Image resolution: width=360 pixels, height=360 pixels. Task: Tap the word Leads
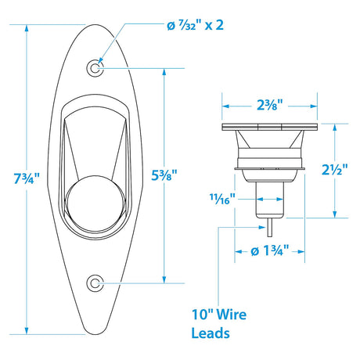pyautogui.click(x=211, y=334)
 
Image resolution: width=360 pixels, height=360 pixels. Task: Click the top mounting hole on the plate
pyautogui.click(x=95, y=69)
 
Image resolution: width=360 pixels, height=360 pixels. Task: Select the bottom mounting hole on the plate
pyautogui.click(x=95, y=282)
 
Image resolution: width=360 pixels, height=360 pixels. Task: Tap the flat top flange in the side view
pyautogui.click(x=271, y=127)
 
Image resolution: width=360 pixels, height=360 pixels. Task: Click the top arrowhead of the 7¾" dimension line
pyautogui.click(x=27, y=26)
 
